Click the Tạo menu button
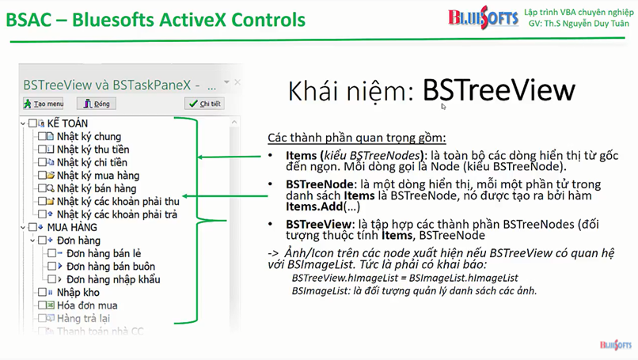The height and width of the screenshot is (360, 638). click(x=44, y=104)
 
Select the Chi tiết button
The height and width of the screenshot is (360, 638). click(x=205, y=104)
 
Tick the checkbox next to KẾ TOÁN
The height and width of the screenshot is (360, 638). click(x=32, y=123)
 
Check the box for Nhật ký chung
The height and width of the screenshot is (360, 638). click(x=42, y=136)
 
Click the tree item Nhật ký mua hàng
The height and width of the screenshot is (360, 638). click(x=98, y=176)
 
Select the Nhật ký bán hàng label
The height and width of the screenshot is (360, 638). click(x=97, y=188)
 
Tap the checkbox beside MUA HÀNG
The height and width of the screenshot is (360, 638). click(x=32, y=227)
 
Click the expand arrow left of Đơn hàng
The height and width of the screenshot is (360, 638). click(x=32, y=241)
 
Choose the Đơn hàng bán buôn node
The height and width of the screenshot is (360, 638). click(x=111, y=267)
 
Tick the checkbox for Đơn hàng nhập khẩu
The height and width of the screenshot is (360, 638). click(x=52, y=279)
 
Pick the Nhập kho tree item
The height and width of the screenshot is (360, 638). click(x=78, y=293)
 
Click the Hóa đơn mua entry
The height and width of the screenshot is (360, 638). click(x=87, y=305)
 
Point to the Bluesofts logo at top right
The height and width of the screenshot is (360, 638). click(x=483, y=17)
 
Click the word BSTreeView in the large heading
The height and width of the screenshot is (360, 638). click(x=499, y=90)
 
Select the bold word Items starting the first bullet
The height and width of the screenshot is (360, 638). click(x=301, y=155)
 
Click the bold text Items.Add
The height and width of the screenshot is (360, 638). click(x=314, y=207)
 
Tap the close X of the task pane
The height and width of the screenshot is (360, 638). click(x=237, y=82)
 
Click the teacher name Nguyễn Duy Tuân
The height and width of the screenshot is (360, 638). click(x=591, y=24)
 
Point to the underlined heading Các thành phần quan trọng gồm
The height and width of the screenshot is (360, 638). click(x=357, y=138)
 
